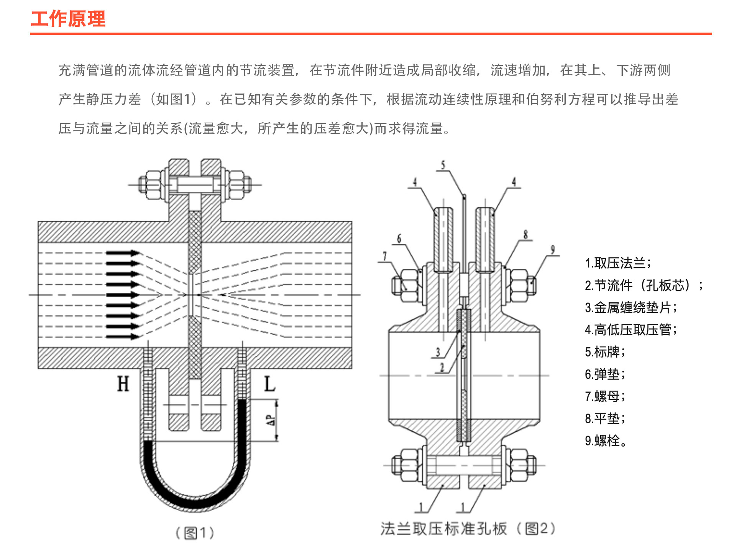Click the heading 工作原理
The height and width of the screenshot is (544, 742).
pyautogui.click(x=68, y=19)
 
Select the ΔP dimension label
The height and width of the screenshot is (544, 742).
pyautogui.click(x=271, y=420)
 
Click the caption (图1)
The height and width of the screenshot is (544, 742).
pyautogui.click(x=195, y=532)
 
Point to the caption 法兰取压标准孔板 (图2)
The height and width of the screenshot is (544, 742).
pyautogui.click(x=468, y=529)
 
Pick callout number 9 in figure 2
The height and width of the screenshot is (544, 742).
pyautogui.click(x=553, y=250)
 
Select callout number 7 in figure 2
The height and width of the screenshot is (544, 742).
pyautogui.click(x=385, y=256)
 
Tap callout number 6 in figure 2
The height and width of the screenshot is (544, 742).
pyautogui.click(x=399, y=238)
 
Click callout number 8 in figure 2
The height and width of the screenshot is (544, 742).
pyautogui.click(x=525, y=234)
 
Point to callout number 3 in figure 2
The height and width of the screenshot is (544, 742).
pyautogui.click(x=438, y=352)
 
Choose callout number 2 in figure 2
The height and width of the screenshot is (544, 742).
pyautogui.click(x=442, y=368)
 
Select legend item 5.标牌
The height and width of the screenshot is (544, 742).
pyautogui.click(x=605, y=352)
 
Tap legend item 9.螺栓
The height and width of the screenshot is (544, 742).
pyautogui.click(x=606, y=440)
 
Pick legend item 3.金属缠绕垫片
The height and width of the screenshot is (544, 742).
pyautogui.click(x=631, y=307)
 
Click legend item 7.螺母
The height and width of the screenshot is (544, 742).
pyautogui.click(x=605, y=396)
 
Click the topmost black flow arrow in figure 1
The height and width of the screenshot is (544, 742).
pyautogui.click(x=123, y=253)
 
